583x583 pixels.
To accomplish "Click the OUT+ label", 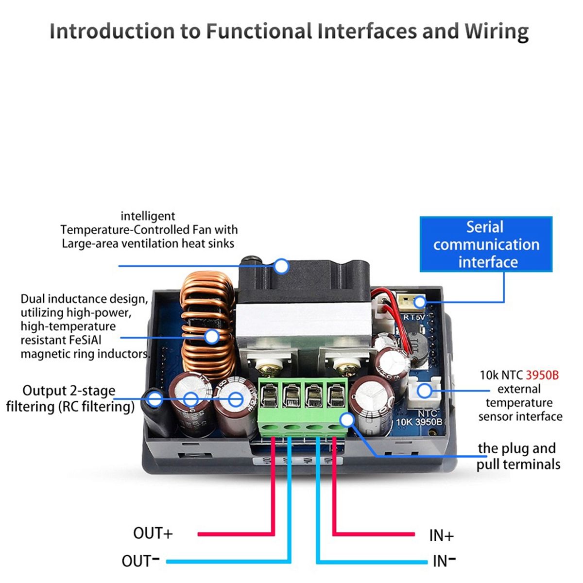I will pyautogui.click(x=153, y=533).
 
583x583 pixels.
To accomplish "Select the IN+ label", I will pyautogui.click(x=441, y=535).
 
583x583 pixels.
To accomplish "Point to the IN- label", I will pyautogui.click(x=444, y=561).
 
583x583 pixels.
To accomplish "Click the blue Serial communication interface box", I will pyautogui.click(x=486, y=244).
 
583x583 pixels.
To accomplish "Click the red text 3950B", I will pyautogui.click(x=542, y=375).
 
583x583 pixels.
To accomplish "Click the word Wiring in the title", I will pyautogui.click(x=496, y=31).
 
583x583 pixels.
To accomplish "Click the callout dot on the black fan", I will pyautogui.click(x=281, y=266).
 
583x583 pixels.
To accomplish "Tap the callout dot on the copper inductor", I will pyautogui.click(x=212, y=336).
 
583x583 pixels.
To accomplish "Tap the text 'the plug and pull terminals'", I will pyautogui.click(x=518, y=456).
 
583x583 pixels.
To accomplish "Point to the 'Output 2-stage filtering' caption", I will pyautogui.click(x=70, y=398).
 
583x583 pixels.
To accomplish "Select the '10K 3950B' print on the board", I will pyautogui.click(x=419, y=422).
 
